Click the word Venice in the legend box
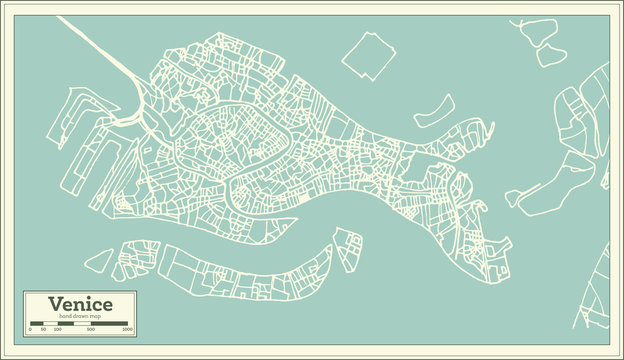click(x=80, y=304)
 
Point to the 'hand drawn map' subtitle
click(x=80, y=315)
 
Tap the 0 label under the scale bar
click(x=31, y=329)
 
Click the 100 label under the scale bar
click(x=58, y=329)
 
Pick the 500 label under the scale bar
click(x=91, y=329)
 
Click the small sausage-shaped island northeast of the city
click(x=433, y=110)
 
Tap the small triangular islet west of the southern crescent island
click(x=98, y=261)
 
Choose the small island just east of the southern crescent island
click(x=348, y=250)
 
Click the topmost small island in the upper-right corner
click(x=538, y=31)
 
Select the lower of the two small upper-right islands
click(x=551, y=56)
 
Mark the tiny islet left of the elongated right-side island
click(x=512, y=198)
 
